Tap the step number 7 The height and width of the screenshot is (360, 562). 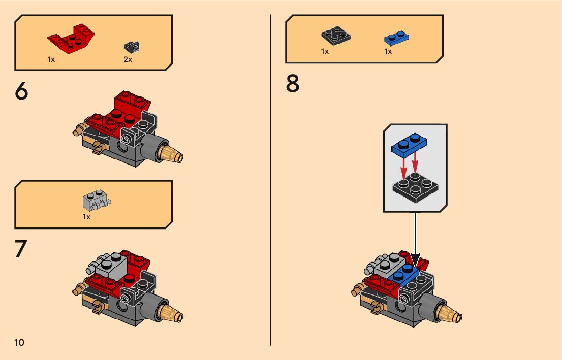click(x=21, y=249)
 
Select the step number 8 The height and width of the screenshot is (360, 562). click(x=293, y=83)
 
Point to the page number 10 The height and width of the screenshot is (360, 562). click(x=19, y=342)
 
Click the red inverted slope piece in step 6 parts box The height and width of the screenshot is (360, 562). click(x=71, y=39)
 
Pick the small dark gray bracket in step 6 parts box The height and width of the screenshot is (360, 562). click(x=132, y=47)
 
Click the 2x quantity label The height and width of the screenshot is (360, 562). click(x=128, y=59)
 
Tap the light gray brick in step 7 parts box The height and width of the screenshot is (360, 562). click(x=97, y=200)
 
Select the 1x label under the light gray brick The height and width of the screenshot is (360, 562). click(x=87, y=217)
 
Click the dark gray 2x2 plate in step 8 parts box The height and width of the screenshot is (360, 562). click(x=336, y=36)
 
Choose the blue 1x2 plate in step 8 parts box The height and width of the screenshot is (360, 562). click(x=396, y=38)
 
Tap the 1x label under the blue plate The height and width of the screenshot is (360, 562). click(x=388, y=52)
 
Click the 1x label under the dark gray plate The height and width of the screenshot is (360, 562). click(x=325, y=52)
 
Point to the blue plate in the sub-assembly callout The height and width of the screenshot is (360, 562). click(x=409, y=145)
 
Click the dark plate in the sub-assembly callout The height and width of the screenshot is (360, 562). click(x=416, y=188)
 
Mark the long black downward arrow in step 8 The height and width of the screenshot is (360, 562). click(x=416, y=239)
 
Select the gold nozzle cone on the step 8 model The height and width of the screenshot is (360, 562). click(x=449, y=313)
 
